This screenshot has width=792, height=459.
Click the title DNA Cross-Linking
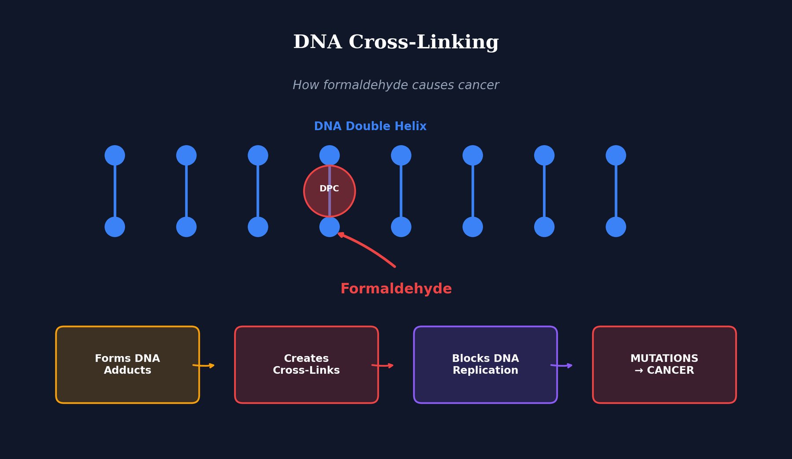pos(396,42)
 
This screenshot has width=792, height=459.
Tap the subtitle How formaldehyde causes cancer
pos(396,85)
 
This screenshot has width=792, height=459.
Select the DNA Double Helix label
pos(370,126)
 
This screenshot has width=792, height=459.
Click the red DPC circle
pos(330,191)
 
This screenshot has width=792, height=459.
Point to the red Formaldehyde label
pos(396,289)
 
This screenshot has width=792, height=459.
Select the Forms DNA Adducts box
pos(128,364)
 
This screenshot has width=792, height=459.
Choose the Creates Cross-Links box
pos(306,364)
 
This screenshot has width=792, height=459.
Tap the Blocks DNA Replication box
pos(485,364)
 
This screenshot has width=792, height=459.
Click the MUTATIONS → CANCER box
pos(664,364)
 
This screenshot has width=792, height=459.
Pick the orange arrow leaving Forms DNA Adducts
pos(204,365)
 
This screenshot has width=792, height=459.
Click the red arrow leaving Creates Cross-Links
pos(383,365)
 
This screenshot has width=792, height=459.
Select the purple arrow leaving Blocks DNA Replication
pos(562,365)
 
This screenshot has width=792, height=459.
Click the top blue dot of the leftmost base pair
pos(115,155)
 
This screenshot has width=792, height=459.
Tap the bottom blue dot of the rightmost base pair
pos(616,227)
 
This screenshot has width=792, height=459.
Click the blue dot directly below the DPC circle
pos(330,227)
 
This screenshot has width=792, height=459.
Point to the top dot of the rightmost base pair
pos(616,155)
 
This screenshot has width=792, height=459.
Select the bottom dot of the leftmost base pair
pos(115,227)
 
